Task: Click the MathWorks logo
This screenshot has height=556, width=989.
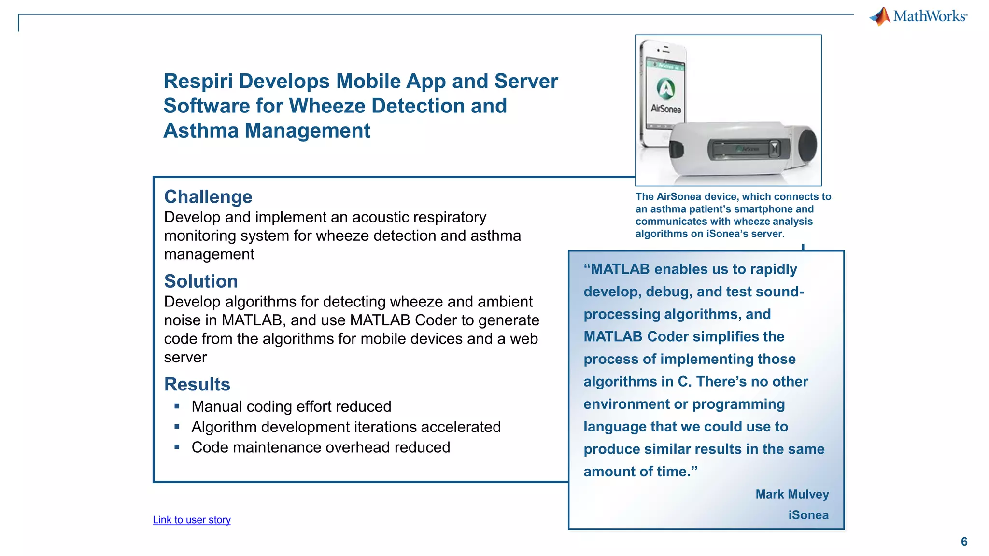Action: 918,16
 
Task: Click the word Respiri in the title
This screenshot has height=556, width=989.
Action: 198,81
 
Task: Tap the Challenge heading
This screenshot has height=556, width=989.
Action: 208,197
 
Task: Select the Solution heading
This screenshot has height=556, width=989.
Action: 201,281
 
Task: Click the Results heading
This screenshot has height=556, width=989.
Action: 197,385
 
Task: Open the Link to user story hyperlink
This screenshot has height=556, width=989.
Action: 192,520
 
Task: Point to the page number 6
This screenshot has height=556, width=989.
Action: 964,542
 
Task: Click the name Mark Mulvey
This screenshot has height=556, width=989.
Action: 792,494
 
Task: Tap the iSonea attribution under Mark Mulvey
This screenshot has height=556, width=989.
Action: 808,515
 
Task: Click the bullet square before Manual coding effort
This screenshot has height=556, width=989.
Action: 177,406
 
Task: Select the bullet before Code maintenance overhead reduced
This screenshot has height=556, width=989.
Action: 177,447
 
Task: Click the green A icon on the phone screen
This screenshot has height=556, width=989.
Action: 666,88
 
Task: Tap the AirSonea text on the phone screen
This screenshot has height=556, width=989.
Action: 666,109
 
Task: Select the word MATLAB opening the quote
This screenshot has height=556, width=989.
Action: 620,269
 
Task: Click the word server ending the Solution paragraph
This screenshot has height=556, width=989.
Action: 185,358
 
